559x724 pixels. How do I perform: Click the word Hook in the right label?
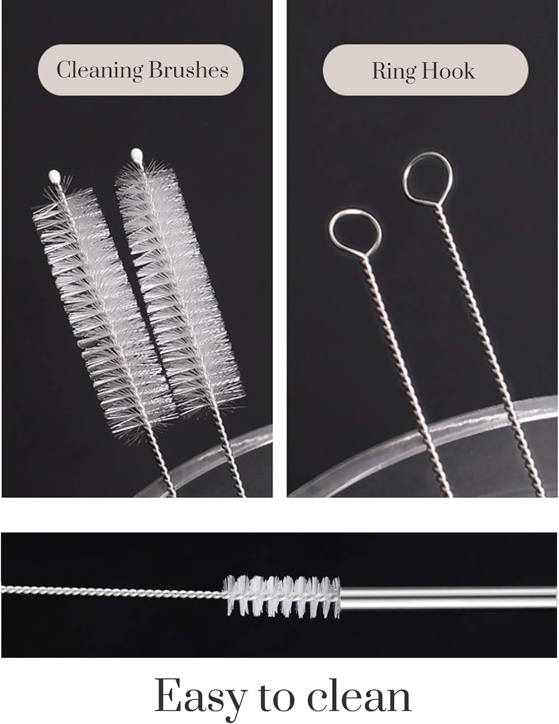[x=449, y=71]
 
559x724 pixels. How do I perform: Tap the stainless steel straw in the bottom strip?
[x=449, y=595]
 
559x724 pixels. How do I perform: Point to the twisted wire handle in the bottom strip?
[x=111, y=590]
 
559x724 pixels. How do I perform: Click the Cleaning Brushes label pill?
[x=140, y=70]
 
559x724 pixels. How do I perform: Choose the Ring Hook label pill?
[x=425, y=70]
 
